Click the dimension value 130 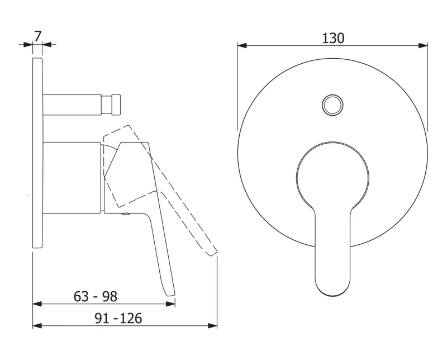pyautogui.click(x=333, y=38)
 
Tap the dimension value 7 pyautogui.click(x=37, y=36)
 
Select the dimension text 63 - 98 pyautogui.click(x=96, y=296)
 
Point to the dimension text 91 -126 pyautogui.click(x=118, y=318)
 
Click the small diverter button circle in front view pyautogui.click(x=332, y=105)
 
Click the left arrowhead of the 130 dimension pyautogui.click(x=242, y=45)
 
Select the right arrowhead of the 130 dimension pyautogui.click(x=424, y=45)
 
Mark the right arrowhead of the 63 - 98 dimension pyautogui.click(x=170, y=304)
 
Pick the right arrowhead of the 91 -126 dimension pyautogui.click(x=213, y=325)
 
